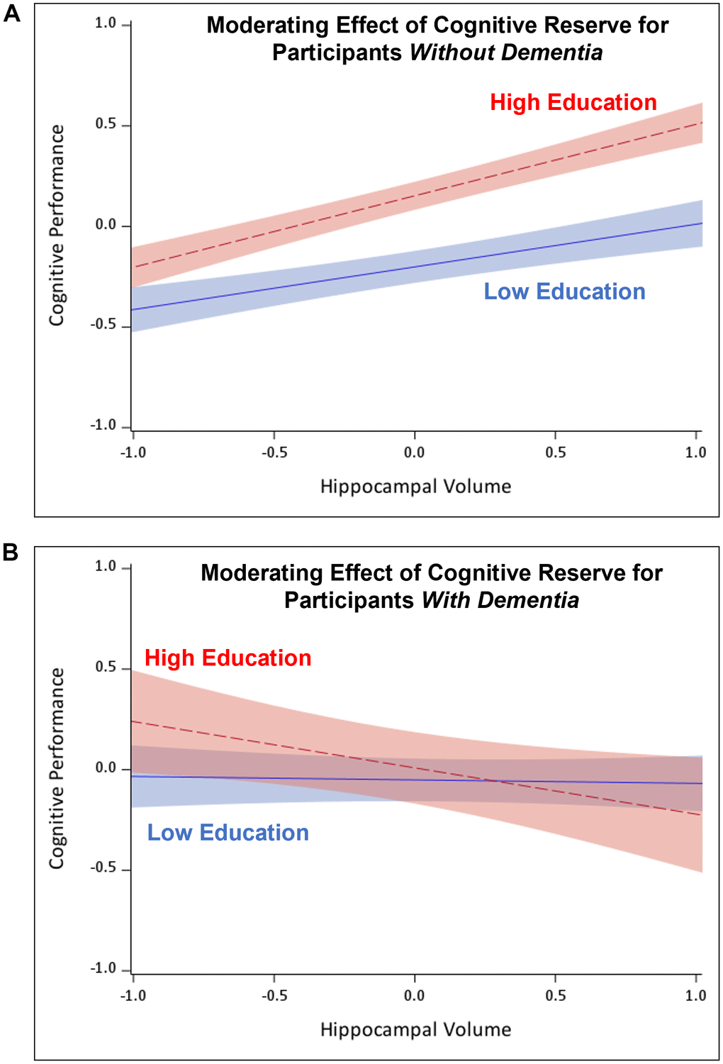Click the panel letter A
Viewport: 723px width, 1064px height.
coord(11,13)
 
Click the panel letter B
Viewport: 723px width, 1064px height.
coord(11,552)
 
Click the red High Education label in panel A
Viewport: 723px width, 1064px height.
coord(573,103)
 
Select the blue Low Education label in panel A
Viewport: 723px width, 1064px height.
coord(564,292)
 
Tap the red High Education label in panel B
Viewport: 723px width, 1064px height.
coord(228,658)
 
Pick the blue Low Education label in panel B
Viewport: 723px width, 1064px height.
coord(228,833)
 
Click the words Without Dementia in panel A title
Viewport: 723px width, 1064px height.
coord(506,52)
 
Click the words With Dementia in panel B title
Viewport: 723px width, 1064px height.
coord(500,600)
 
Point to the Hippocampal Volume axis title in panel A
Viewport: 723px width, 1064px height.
coord(415,487)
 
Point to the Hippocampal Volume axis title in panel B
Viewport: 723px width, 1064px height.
coord(415,1030)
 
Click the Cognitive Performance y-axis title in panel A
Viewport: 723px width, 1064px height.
coord(57,226)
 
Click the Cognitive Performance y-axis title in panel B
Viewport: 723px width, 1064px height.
coord(57,768)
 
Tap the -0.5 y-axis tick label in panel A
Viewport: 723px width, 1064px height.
coord(103,326)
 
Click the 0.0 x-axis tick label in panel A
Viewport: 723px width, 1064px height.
coord(414,453)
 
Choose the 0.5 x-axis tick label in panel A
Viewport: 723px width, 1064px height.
coord(555,453)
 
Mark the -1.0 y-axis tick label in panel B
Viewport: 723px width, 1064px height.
coord(103,969)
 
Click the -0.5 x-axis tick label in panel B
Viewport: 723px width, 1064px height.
coord(274,996)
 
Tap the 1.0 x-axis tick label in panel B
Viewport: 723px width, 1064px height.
coord(695,996)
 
